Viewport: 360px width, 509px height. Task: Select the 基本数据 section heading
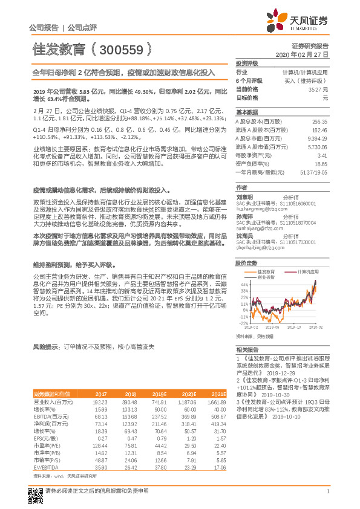click(x=247, y=112)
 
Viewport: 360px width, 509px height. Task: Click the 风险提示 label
click(x=45, y=347)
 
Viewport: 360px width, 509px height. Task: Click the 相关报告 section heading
click(x=247, y=350)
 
